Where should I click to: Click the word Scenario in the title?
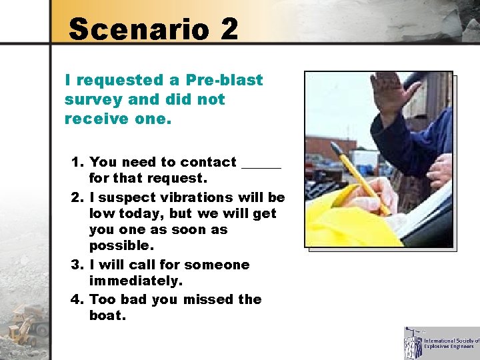(135, 29)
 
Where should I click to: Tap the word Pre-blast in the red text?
(225, 81)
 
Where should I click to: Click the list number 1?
(77, 162)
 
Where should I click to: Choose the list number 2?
(77, 197)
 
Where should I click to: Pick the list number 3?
(77, 265)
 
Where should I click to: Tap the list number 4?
(77, 299)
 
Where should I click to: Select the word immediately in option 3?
(135, 282)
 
